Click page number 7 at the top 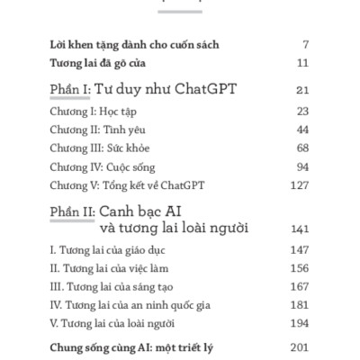tap(306, 44)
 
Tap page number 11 tap(302, 63)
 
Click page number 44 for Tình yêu tap(301, 130)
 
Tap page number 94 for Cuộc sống tap(301, 167)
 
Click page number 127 tap(300, 186)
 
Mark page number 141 tap(300, 229)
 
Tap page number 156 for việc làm tap(300, 267)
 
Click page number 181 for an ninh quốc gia tap(300, 305)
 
